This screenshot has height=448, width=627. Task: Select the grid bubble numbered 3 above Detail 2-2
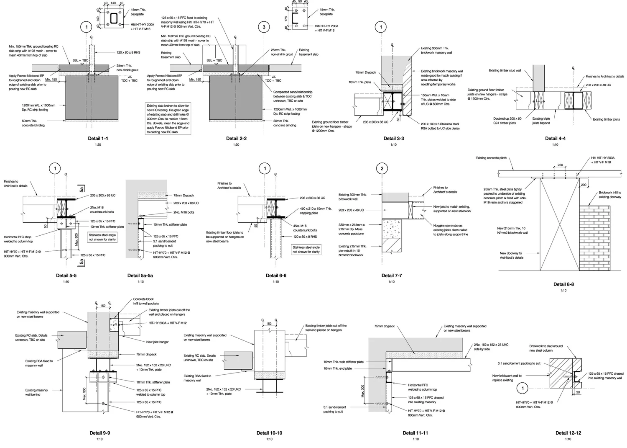pos(264,28)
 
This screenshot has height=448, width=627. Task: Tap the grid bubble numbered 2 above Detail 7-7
pos(382,169)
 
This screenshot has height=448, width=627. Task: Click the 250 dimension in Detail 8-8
pos(560,165)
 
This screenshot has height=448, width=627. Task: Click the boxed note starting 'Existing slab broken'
pos(168,119)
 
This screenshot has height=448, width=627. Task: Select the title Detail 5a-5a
pos(140,275)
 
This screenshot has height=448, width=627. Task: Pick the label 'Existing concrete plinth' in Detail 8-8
pos(491,158)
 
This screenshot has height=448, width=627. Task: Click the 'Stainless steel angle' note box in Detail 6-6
pos(306,250)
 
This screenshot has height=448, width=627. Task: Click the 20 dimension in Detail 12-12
pos(578,392)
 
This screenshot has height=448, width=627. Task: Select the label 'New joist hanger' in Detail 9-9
pos(157,342)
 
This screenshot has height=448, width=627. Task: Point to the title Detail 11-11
pos(415,433)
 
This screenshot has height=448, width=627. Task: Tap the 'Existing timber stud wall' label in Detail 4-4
pos(505,71)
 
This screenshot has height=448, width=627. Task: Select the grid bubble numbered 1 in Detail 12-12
pos(522,389)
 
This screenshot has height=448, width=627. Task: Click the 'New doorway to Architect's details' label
pos(511,255)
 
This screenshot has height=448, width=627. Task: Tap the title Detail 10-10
pos(269,433)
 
